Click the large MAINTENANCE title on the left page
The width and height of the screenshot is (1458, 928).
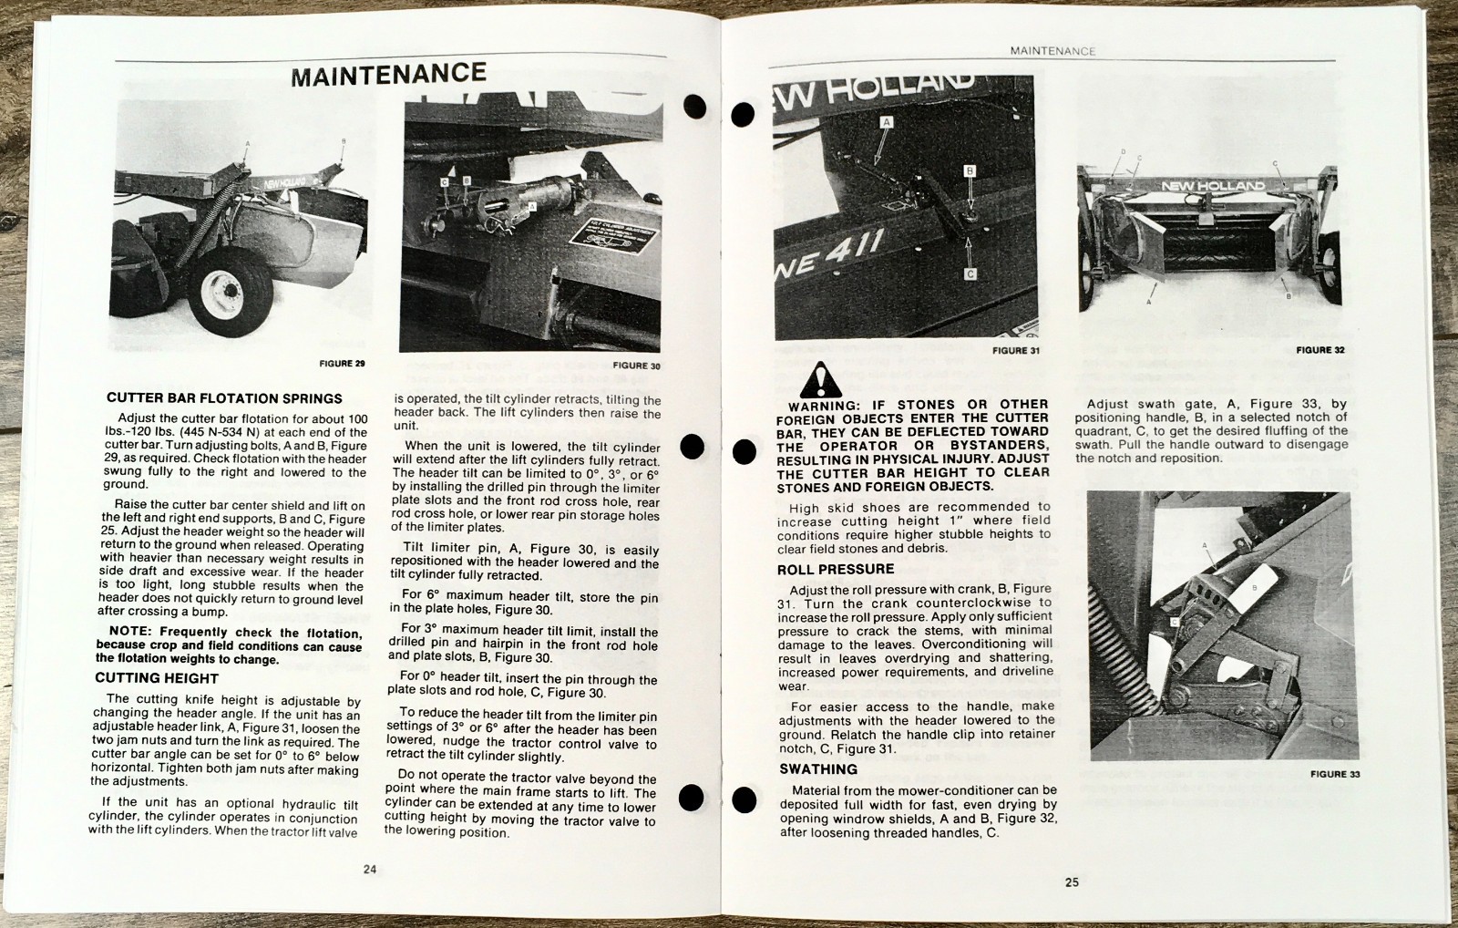(389, 74)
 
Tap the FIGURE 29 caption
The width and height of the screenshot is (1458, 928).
(342, 364)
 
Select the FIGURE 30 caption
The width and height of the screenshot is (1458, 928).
(636, 366)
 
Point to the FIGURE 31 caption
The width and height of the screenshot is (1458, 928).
(1015, 351)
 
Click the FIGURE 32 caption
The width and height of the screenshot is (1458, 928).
(1320, 350)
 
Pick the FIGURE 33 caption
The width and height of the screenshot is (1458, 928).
(1335, 775)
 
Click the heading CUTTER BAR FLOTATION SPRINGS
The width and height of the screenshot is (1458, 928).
(224, 398)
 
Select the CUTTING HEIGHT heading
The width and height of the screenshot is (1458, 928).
(157, 678)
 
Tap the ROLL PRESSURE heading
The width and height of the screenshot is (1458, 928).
(836, 570)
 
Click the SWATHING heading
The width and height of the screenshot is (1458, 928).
(818, 769)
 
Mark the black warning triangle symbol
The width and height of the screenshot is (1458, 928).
(822, 379)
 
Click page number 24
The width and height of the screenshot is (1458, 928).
(370, 870)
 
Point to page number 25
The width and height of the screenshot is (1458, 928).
(1072, 882)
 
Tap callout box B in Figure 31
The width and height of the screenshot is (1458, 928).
(970, 171)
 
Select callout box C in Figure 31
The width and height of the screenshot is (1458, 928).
(970, 273)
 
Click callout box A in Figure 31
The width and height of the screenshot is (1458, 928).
(887, 121)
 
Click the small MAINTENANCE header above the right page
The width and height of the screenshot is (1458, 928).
(1052, 52)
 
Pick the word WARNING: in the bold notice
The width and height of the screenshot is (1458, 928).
(823, 406)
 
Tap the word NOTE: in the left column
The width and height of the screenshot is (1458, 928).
(130, 632)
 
